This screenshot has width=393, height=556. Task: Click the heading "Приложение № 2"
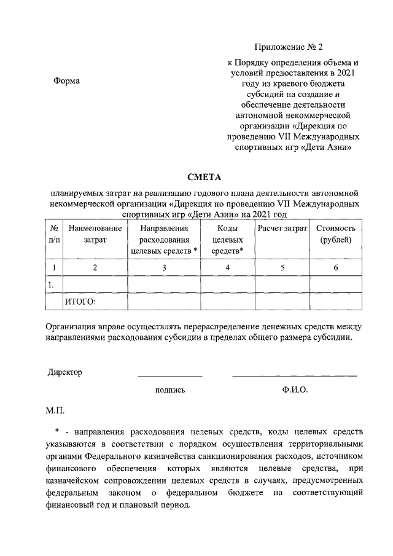(x=292, y=47)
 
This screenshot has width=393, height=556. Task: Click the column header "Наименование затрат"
(x=95, y=234)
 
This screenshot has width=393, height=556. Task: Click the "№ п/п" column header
(x=53, y=234)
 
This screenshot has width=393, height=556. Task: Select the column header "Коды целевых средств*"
(x=228, y=240)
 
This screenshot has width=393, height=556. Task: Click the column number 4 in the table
(x=228, y=267)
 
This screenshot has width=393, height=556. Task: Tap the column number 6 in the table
(x=335, y=267)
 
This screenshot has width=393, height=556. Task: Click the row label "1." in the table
(x=52, y=284)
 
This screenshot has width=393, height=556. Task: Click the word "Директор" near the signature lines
(x=64, y=372)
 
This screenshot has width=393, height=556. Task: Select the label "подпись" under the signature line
(x=170, y=390)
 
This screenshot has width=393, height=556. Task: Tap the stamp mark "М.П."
(x=55, y=409)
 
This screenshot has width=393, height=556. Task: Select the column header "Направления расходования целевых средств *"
(x=164, y=240)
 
